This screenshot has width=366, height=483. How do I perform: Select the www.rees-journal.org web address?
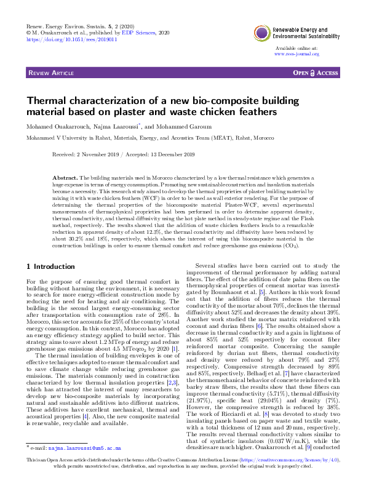pos(296,54)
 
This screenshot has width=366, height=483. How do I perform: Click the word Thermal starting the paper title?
pos(47,101)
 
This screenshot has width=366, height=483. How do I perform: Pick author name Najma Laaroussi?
pos(117,127)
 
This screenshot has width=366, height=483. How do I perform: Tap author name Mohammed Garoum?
pos(183,127)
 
